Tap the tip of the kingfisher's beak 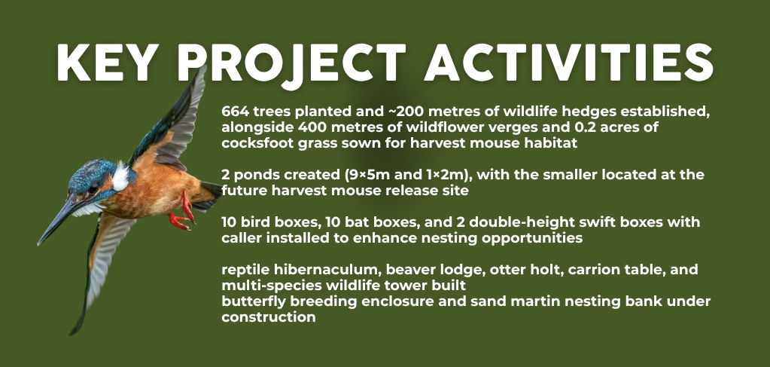(x=39, y=243)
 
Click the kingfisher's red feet (x=182, y=214)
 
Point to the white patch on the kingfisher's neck (x=120, y=178)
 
